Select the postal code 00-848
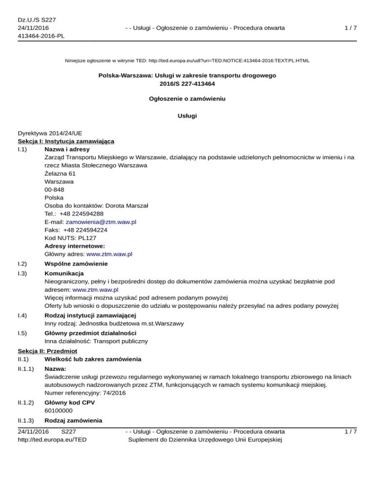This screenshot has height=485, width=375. [x=53, y=189]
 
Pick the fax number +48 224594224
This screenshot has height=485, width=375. [x=85, y=230]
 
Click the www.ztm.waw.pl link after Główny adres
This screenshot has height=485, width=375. [x=109, y=254]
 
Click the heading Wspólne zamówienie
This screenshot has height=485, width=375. [x=76, y=263]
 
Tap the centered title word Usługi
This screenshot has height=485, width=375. [x=187, y=117]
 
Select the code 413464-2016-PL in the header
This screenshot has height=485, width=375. [x=41, y=36]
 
